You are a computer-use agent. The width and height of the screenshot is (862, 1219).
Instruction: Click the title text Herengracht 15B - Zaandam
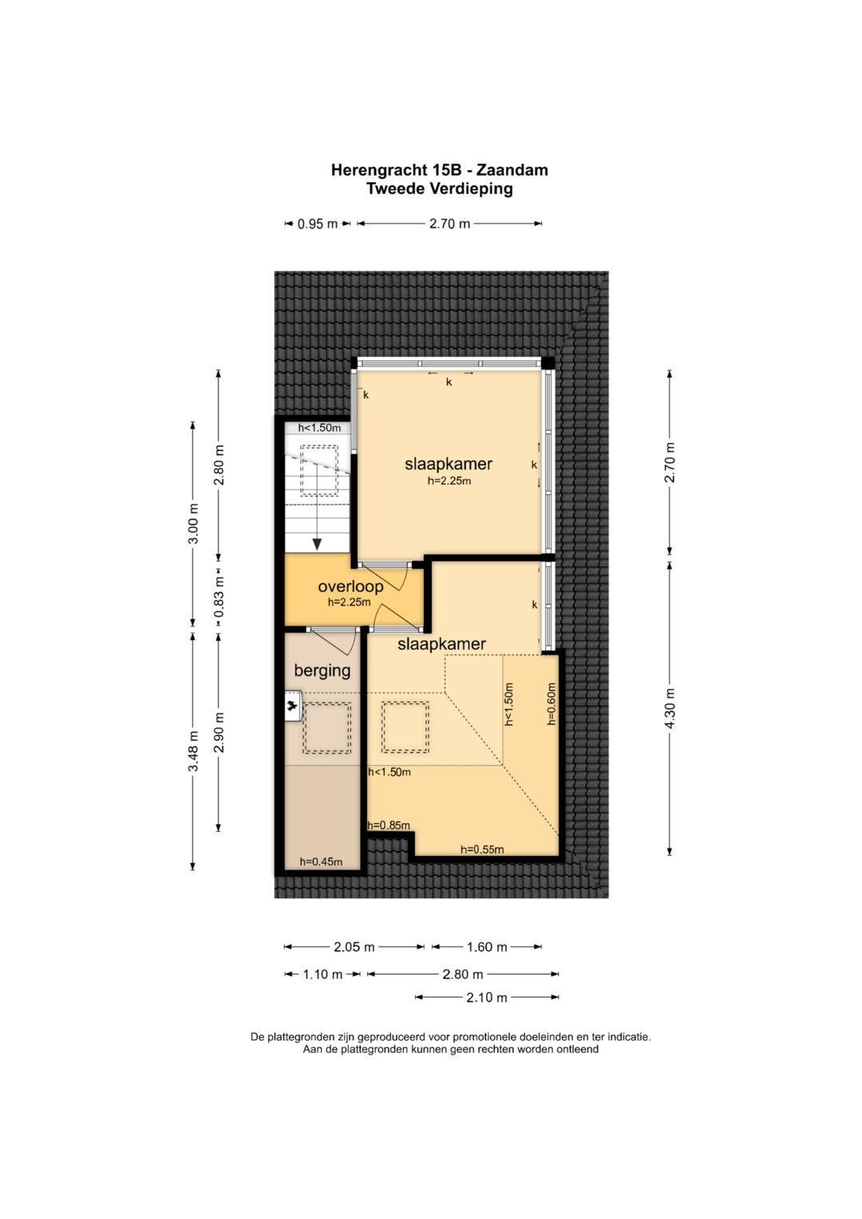(x=439, y=170)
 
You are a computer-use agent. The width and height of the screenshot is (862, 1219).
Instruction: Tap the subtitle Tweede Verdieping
(x=439, y=189)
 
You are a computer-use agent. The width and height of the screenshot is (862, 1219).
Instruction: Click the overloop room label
(x=350, y=586)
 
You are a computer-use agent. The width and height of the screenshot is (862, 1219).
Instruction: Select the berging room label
(x=322, y=671)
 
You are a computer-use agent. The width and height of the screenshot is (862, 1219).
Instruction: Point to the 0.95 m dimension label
(x=318, y=224)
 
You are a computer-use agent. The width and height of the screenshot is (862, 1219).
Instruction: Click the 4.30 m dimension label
(x=670, y=708)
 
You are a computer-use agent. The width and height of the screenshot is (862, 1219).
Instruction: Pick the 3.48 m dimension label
(x=192, y=750)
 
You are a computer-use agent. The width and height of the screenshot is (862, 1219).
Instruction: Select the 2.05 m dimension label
(x=354, y=947)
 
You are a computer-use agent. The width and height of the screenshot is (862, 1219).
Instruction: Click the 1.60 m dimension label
(x=487, y=947)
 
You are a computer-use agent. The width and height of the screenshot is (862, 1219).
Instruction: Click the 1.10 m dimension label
(x=322, y=974)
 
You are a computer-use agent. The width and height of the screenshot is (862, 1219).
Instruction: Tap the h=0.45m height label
(x=321, y=861)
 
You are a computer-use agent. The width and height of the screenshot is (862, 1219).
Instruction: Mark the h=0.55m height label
(x=482, y=849)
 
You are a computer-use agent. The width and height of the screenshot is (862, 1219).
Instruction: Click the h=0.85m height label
(x=389, y=825)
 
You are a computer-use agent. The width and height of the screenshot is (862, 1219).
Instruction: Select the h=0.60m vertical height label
(x=552, y=704)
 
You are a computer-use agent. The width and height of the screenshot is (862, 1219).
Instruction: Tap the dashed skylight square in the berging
(x=326, y=728)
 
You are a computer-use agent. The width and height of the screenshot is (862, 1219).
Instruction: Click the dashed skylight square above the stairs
(x=319, y=471)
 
